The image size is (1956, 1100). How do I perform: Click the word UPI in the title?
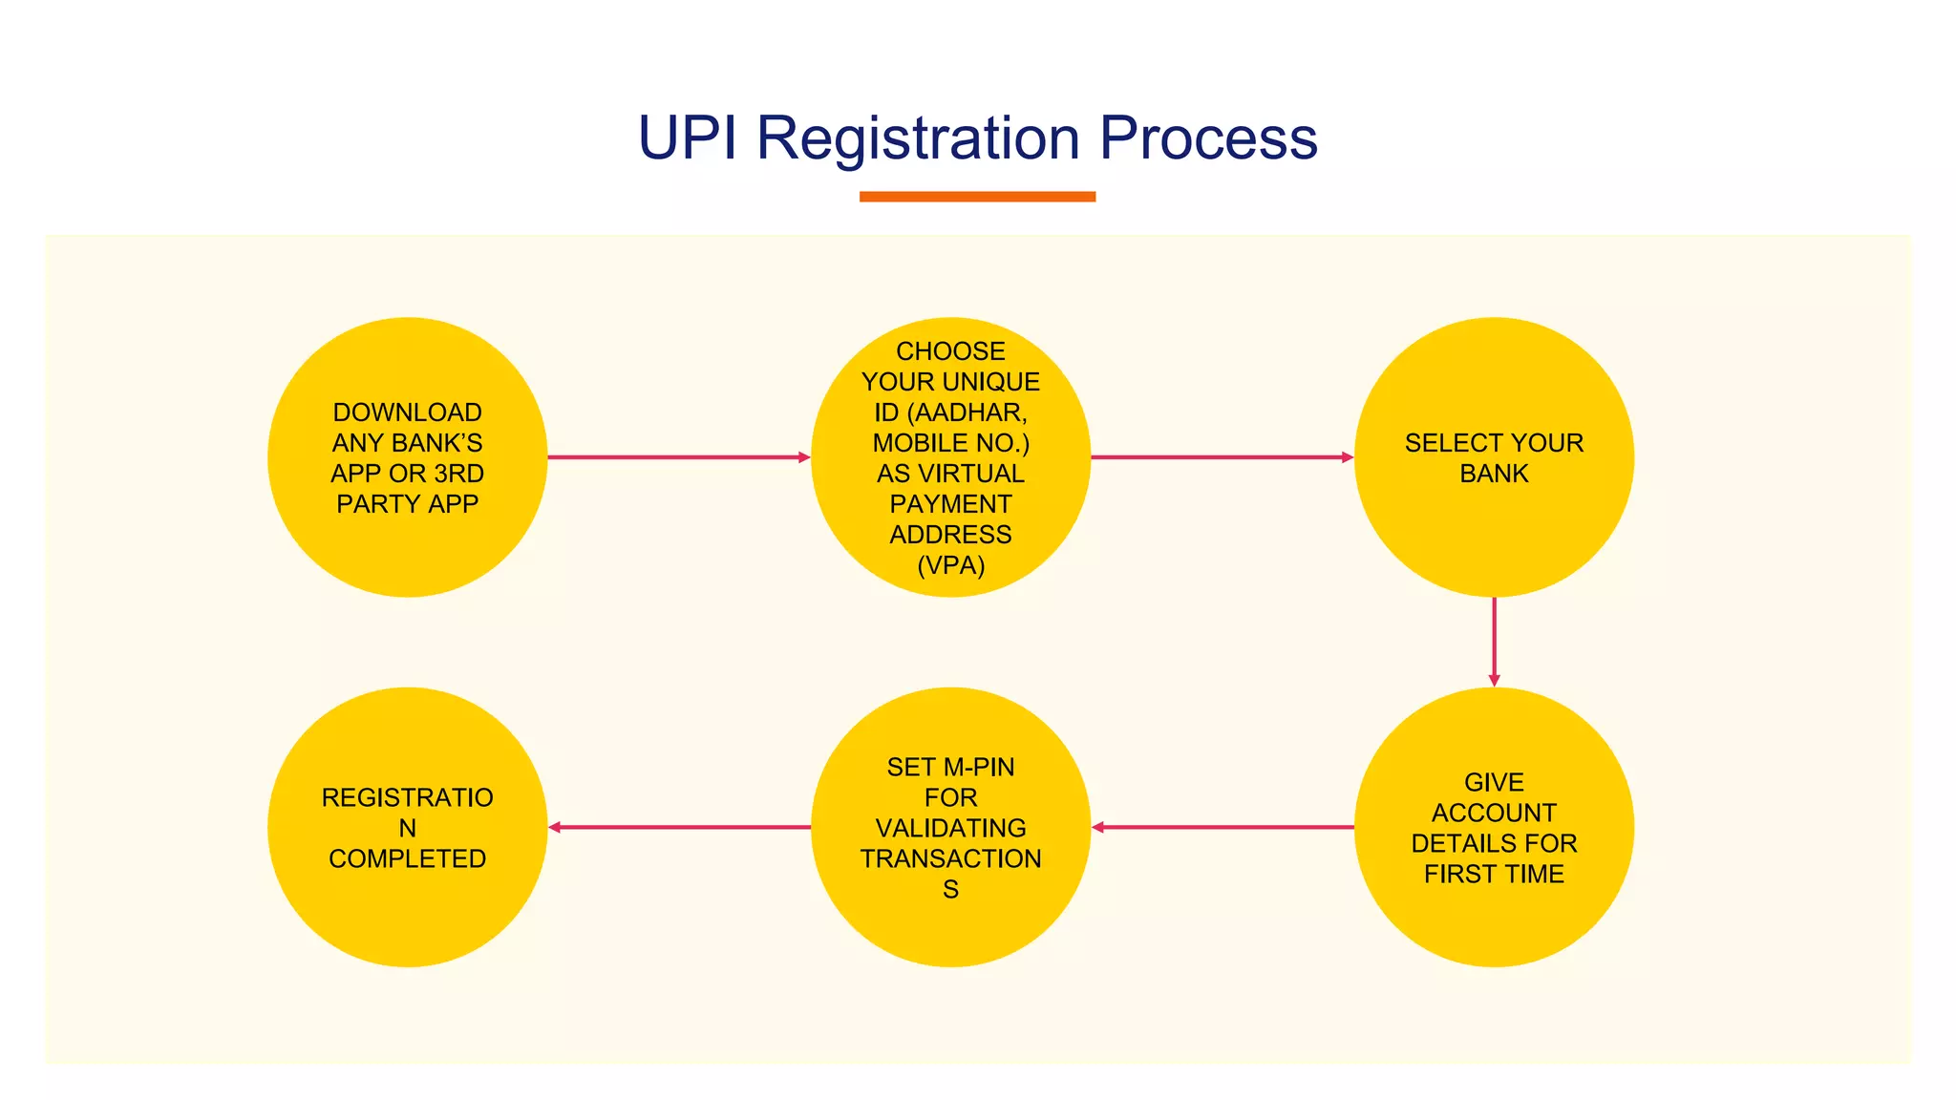tap(687, 138)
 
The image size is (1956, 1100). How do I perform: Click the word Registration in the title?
tap(918, 138)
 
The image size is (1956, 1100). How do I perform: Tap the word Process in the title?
tap(1208, 138)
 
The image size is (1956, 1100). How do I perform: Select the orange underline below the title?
tap(977, 197)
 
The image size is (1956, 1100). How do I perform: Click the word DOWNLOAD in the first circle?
tap(407, 412)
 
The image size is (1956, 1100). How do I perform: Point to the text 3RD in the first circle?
tap(458, 474)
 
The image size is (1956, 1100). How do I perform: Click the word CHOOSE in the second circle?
tap(950, 351)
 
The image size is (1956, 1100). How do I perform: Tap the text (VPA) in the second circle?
tap(950, 565)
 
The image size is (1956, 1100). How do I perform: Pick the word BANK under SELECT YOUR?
tap(1494, 474)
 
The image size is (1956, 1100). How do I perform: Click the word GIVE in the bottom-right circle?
tap(1494, 782)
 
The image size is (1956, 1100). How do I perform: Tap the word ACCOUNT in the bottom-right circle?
tap(1494, 813)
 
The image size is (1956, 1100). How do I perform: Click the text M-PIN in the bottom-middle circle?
tap(977, 767)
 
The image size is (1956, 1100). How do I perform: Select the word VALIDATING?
tap(950, 828)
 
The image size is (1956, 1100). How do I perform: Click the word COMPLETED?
tap(407, 858)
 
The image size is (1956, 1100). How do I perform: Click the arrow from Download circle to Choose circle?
tap(678, 457)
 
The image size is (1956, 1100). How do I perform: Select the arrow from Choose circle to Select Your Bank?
tap(1222, 457)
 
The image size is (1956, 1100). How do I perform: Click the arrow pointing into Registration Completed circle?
tap(678, 827)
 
